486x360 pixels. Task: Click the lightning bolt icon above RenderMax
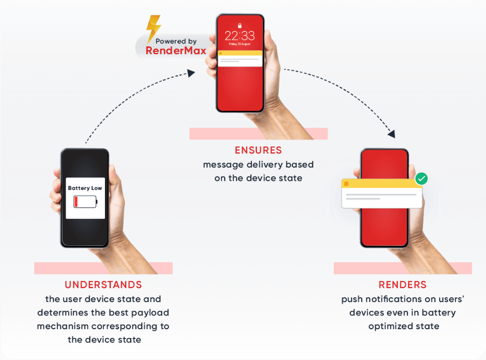pos(153,27)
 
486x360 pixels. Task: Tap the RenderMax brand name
pos(176,51)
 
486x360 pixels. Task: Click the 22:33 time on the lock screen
pos(239,36)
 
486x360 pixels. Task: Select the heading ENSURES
pos(258,151)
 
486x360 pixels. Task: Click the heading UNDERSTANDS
pos(103,285)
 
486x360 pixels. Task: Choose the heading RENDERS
pos(403,285)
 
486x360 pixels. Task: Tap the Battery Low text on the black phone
pos(85,188)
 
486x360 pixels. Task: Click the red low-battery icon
pos(85,202)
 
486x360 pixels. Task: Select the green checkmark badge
pos(421,179)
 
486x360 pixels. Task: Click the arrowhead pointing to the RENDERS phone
pos(392,134)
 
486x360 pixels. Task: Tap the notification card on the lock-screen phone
pos(239,58)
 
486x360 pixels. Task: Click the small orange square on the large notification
pos(346,184)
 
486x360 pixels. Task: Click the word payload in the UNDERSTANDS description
pos(147,313)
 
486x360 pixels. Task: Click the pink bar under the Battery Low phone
pos(103,268)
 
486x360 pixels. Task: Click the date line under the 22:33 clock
pos(239,44)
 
